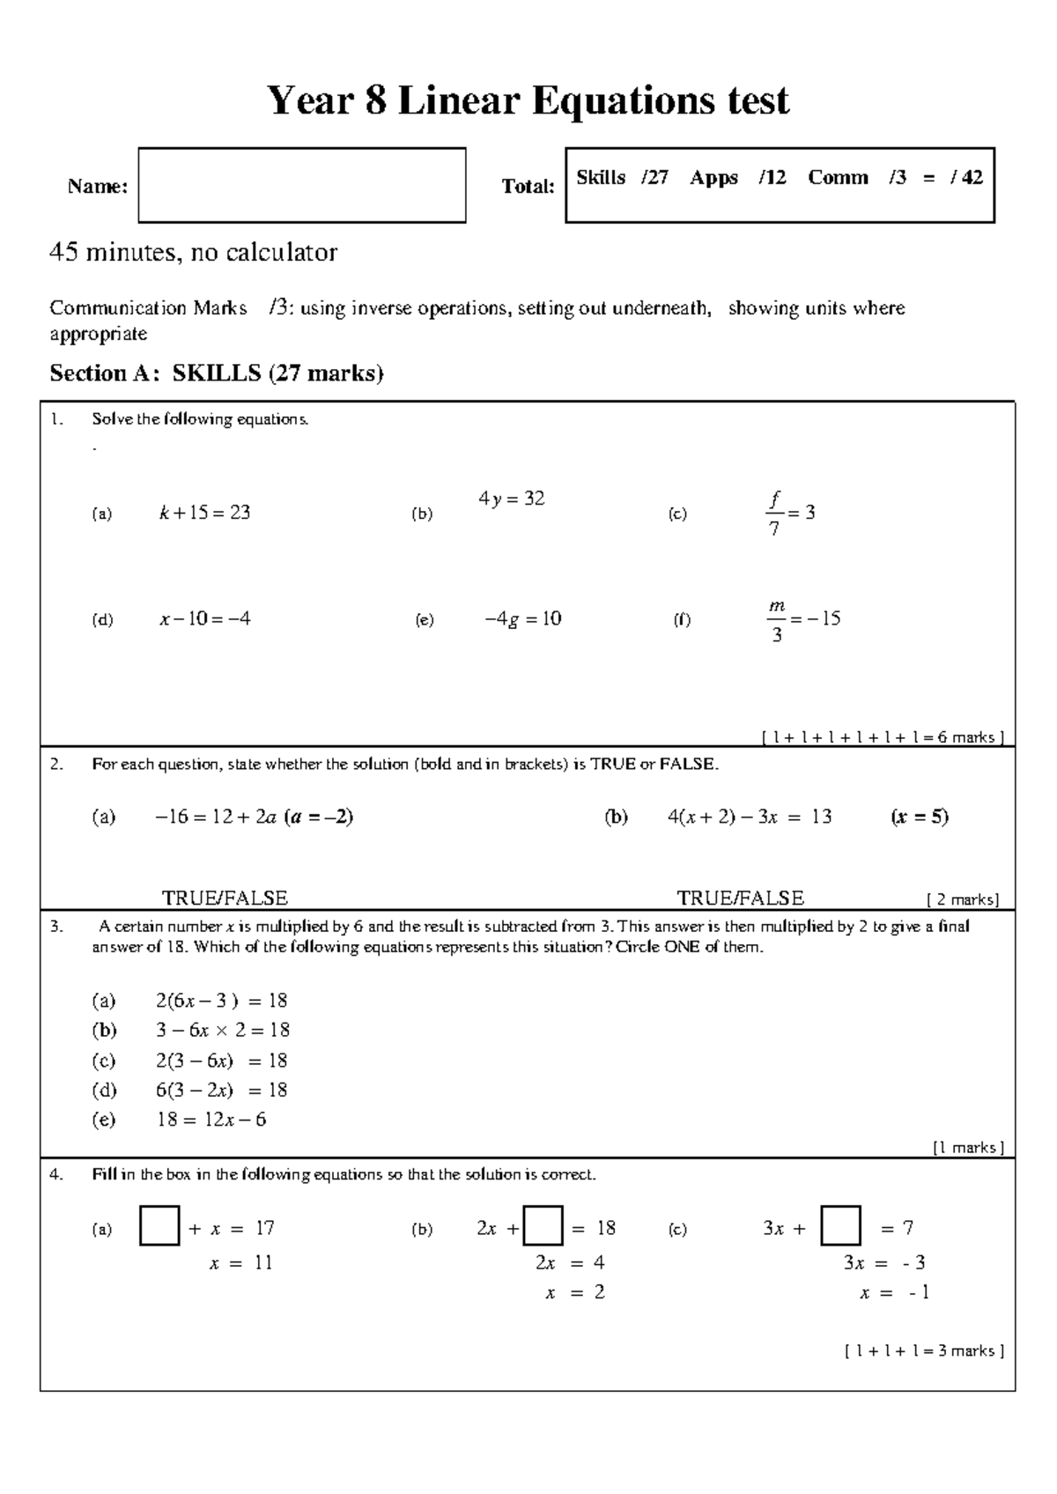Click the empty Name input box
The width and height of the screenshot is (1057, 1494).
click(301, 185)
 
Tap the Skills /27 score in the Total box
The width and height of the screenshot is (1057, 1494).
click(622, 178)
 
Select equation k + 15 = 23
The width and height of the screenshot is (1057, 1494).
click(204, 513)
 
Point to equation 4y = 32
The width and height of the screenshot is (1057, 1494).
click(511, 499)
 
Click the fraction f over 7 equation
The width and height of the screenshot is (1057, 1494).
click(790, 514)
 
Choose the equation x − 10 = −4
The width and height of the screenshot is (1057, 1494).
click(204, 618)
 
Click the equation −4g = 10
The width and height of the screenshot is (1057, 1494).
click(522, 618)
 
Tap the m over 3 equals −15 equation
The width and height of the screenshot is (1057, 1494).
click(802, 619)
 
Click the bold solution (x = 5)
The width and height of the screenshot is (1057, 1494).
click(920, 817)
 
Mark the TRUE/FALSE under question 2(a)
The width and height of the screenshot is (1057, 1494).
click(225, 898)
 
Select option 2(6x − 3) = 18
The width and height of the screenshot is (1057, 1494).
click(221, 1001)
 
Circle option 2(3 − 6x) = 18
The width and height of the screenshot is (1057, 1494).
click(221, 1061)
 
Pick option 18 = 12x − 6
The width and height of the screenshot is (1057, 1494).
click(211, 1120)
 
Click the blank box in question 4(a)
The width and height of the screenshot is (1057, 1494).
click(159, 1226)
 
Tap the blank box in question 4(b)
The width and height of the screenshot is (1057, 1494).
click(543, 1226)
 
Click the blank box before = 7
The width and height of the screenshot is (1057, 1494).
click(839, 1226)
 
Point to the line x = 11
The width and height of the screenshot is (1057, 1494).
click(240, 1262)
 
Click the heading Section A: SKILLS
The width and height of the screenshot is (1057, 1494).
click(217, 373)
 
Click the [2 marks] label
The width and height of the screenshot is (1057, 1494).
click(963, 899)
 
